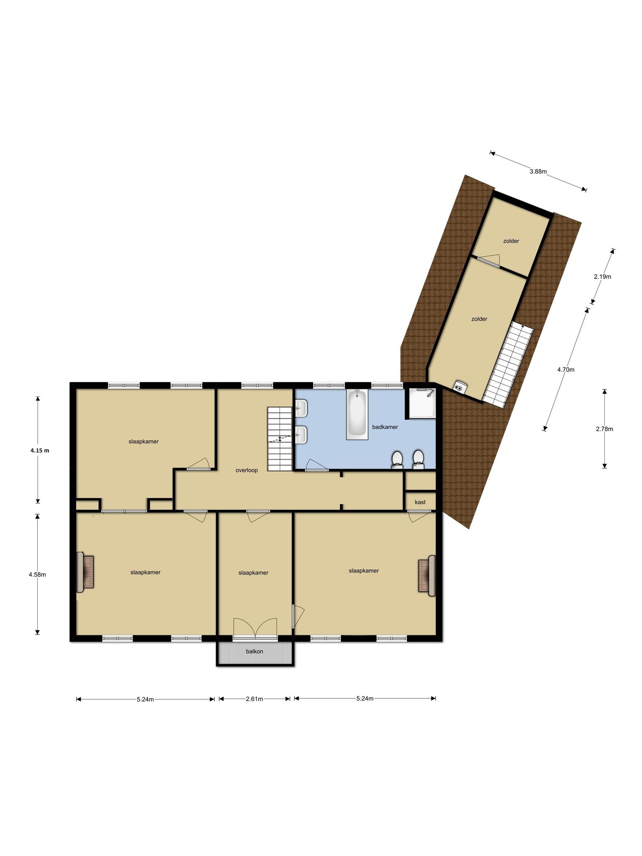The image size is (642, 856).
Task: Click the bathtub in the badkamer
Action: tap(357, 414)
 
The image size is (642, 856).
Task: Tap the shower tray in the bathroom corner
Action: tap(423, 403)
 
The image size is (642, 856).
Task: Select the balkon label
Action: tap(255, 651)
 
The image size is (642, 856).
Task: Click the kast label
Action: tap(420, 502)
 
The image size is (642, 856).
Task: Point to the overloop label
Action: tap(247, 470)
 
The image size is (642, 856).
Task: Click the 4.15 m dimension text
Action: tap(40, 451)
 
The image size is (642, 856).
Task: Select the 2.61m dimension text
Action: tap(255, 699)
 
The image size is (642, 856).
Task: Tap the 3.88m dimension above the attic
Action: tap(538, 171)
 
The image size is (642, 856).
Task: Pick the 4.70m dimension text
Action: tap(566, 369)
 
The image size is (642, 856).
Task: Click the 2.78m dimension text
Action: tap(604, 429)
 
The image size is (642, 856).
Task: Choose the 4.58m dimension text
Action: tap(37, 574)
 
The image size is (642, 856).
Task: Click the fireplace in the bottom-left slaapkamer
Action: tap(85, 572)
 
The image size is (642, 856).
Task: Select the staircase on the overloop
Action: tap(280, 439)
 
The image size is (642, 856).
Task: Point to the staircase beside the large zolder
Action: tap(508, 364)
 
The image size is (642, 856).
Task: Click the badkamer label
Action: tap(385, 427)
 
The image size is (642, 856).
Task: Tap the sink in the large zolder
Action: tap(461, 386)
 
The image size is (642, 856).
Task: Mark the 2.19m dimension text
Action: tap(602, 276)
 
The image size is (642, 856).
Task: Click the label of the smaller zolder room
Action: tap(511, 241)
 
